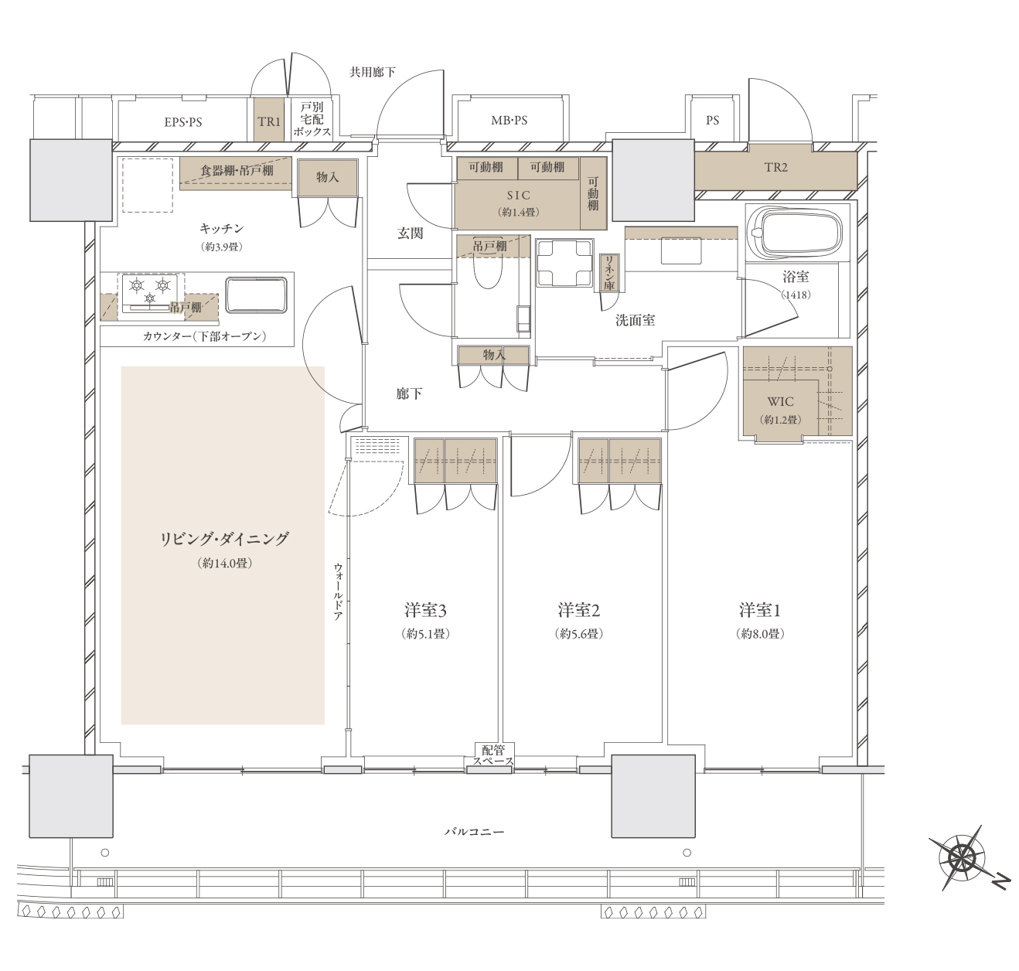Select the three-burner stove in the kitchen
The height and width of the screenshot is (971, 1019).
pyautogui.click(x=150, y=292)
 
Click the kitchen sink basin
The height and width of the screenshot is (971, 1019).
pyautogui.click(x=256, y=295)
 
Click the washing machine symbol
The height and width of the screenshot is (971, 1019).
pyautogui.click(x=564, y=264)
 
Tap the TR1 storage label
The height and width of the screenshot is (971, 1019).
pyautogui.click(x=269, y=122)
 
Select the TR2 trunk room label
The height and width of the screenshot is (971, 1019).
pyautogui.click(x=776, y=167)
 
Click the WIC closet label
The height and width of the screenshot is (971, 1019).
pyautogui.click(x=780, y=401)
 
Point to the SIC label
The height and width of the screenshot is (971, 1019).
pyautogui.click(x=518, y=195)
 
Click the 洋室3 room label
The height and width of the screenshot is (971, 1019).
pyautogui.click(x=425, y=611)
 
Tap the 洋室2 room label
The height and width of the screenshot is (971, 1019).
pyautogui.click(x=579, y=611)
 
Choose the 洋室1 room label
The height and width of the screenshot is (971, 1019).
pyautogui.click(x=760, y=611)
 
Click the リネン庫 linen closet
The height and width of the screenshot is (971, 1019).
pyautogui.click(x=609, y=272)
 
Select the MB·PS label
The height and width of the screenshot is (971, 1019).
pyautogui.click(x=509, y=121)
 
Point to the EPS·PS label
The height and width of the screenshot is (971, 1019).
pyautogui.click(x=183, y=122)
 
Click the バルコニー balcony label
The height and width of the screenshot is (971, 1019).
pyautogui.click(x=474, y=832)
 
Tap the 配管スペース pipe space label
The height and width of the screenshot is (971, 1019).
pyautogui.click(x=493, y=755)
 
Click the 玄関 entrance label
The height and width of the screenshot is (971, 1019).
pyautogui.click(x=410, y=233)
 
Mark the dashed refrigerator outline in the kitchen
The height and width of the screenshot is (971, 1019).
pyautogui.click(x=148, y=185)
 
